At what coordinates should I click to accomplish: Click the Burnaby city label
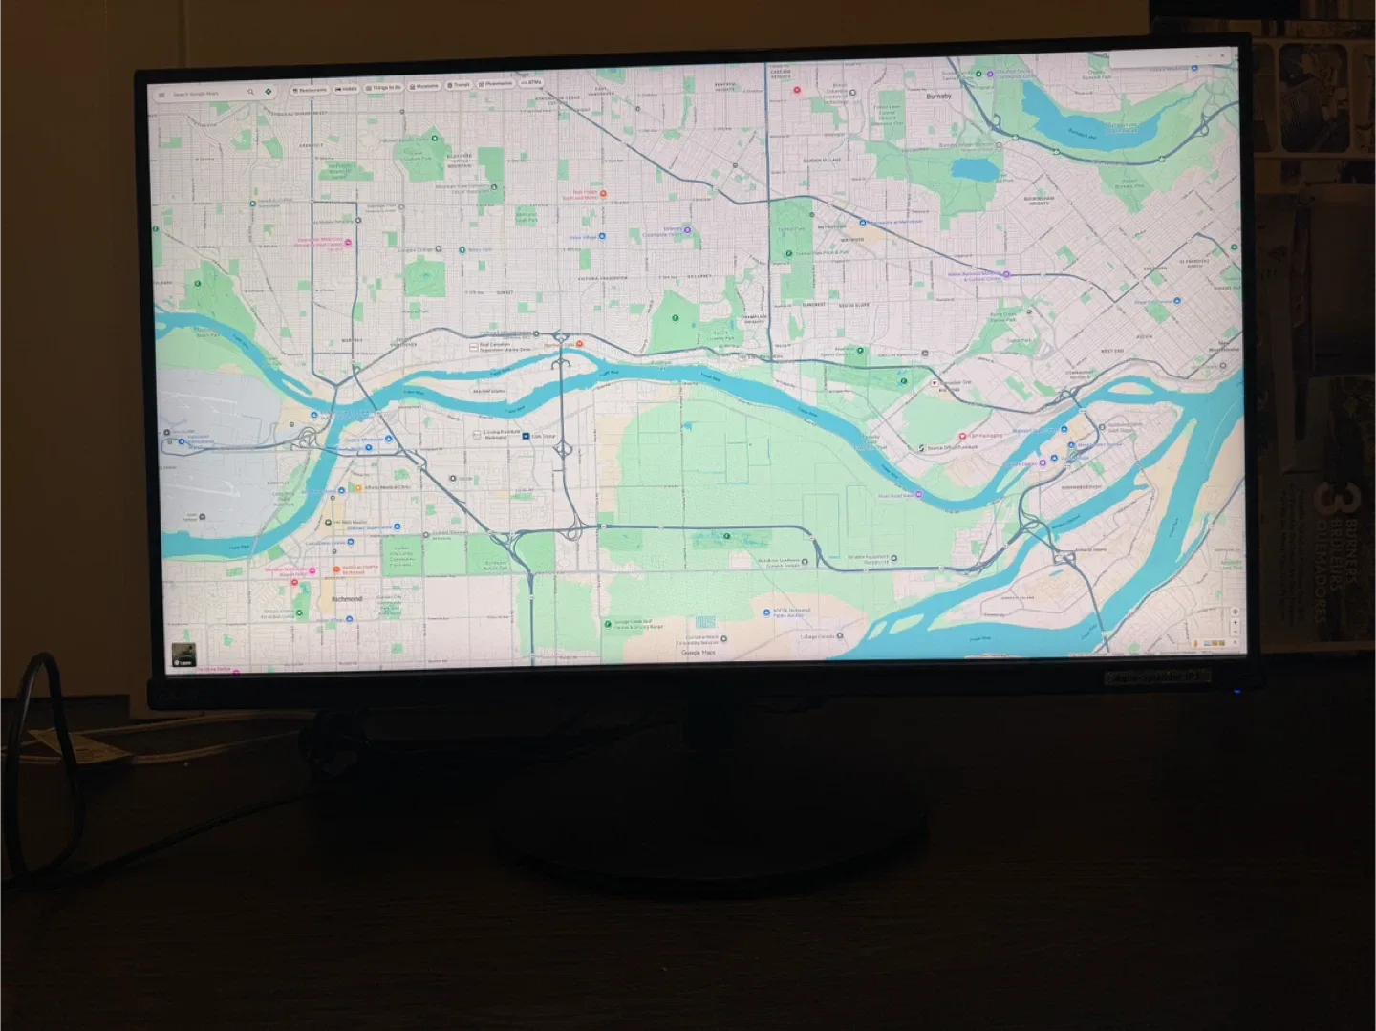[938, 97]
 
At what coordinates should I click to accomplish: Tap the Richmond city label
[347, 599]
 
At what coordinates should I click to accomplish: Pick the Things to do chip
[384, 88]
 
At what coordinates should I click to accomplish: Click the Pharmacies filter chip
[496, 84]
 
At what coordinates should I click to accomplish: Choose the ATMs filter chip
[531, 83]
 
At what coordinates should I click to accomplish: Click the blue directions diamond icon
[269, 92]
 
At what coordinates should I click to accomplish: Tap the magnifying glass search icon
[251, 93]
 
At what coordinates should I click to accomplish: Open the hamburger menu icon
[161, 96]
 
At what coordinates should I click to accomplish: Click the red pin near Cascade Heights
[797, 91]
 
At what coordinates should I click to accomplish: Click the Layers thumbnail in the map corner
[183, 655]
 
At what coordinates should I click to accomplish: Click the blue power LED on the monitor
[1236, 690]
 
